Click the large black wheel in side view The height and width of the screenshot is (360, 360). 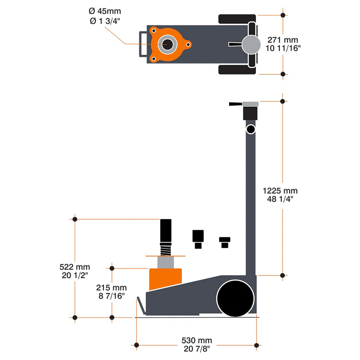coord(235,298)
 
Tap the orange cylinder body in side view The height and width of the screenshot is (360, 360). coord(165,278)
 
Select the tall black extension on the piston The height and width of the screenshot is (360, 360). coord(166,231)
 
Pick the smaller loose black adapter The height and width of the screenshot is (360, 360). coord(225,242)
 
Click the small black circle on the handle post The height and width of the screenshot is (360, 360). coord(250,129)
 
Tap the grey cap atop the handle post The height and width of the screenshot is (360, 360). coord(250,104)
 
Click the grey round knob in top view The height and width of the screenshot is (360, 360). coord(251,44)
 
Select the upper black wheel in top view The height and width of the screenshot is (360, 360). coord(237,19)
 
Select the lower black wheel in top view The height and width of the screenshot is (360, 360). coord(237,70)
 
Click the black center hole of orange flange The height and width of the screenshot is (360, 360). coord(167,44)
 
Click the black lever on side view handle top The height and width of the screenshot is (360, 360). coord(235,104)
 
